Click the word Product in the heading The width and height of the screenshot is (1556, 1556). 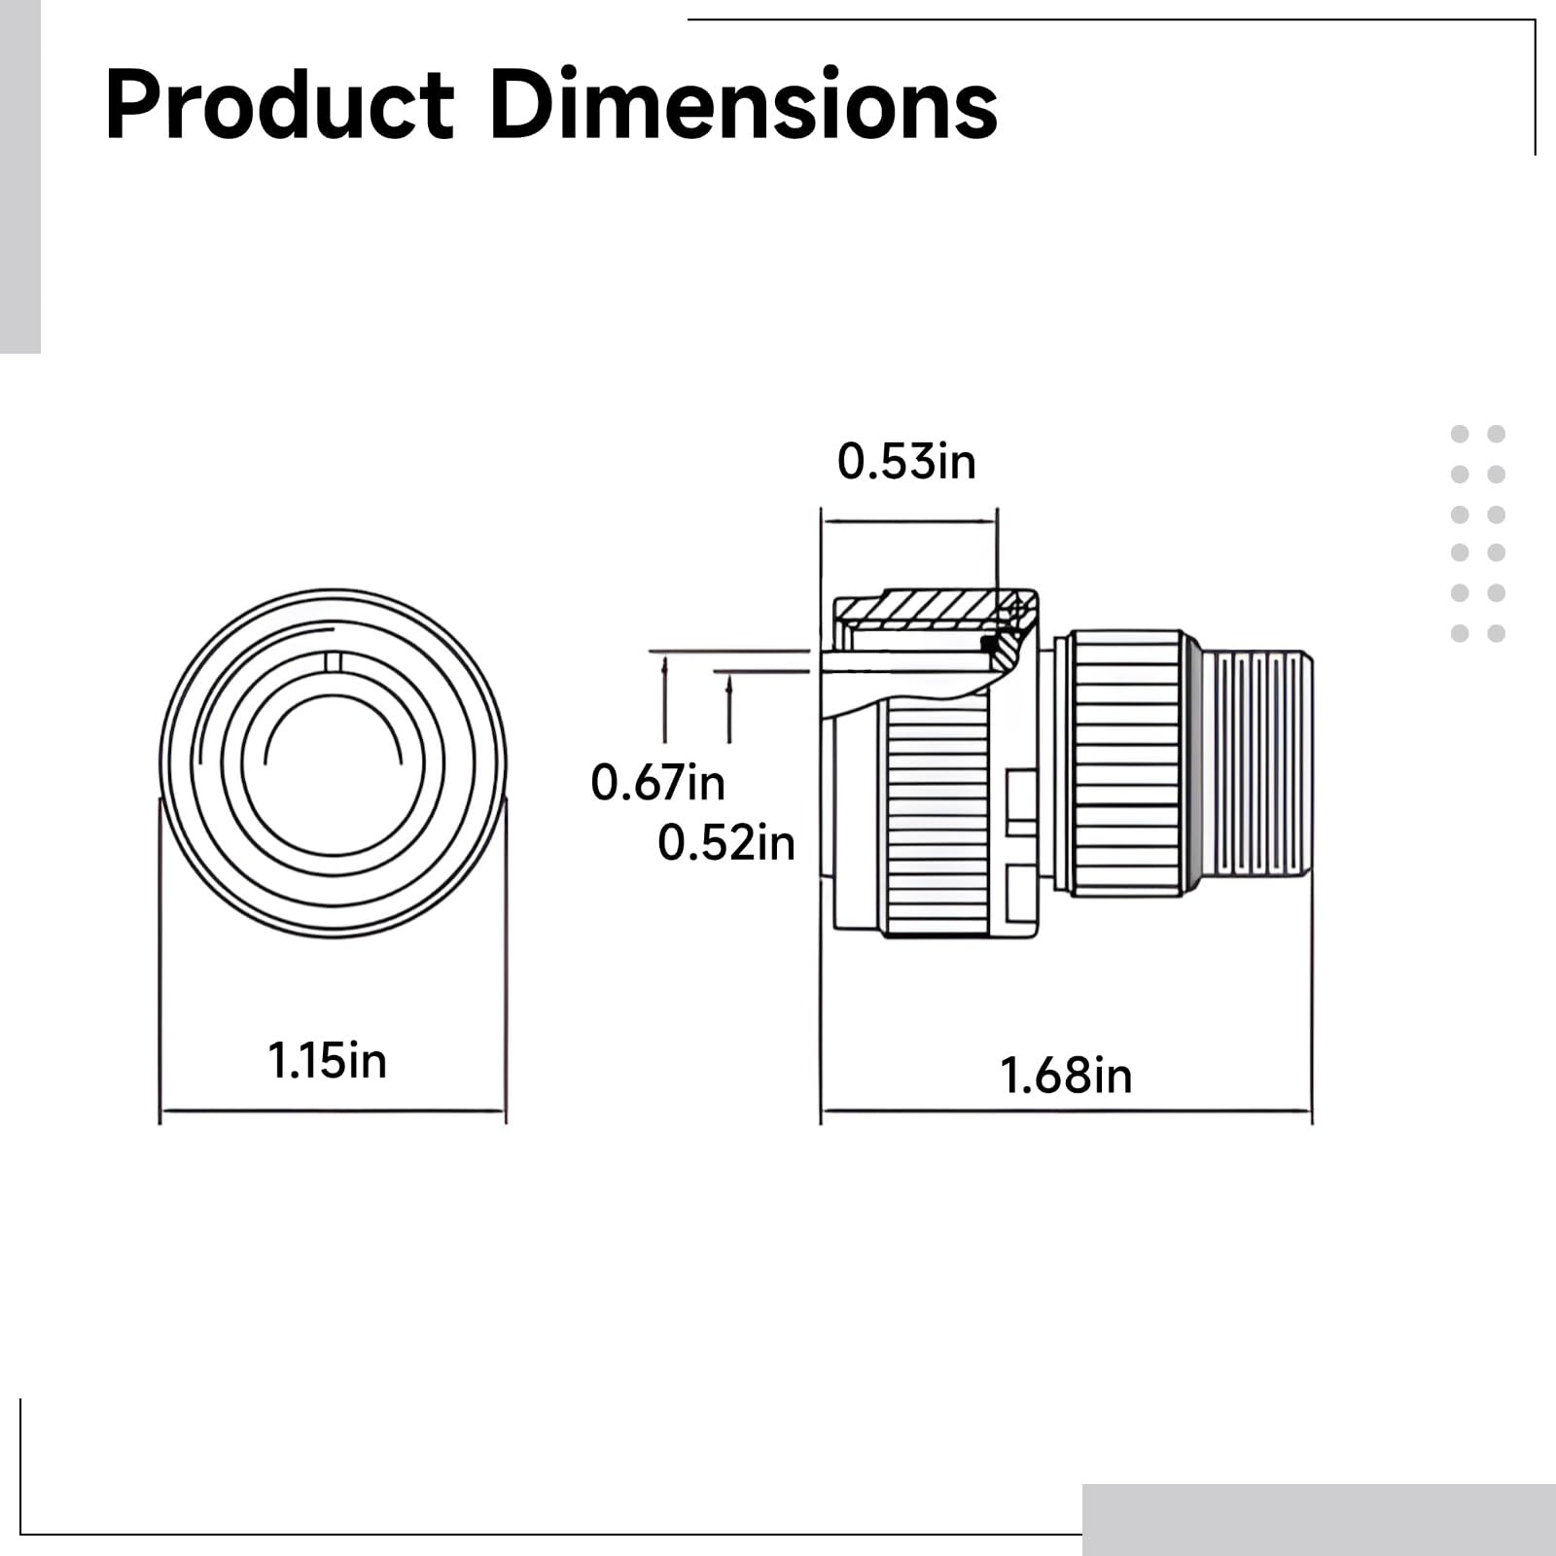279,105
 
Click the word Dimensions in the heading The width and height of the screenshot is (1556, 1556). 744,105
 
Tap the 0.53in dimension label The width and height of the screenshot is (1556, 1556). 906,461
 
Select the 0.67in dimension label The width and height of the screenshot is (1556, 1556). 657,783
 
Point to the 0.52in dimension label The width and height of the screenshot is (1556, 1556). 725,842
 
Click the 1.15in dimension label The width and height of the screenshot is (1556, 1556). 328,1060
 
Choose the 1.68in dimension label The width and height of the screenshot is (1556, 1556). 1066,1076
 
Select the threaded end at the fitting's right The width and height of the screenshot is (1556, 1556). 1257,763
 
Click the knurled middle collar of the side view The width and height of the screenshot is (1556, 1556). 1128,763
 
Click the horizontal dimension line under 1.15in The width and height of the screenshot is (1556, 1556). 333,1110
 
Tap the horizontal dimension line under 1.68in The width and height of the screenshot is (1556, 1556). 1066,1110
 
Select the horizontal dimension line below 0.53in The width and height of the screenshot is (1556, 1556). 908,521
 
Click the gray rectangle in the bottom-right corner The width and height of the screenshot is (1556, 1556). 1318,1519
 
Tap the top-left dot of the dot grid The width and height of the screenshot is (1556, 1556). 1460,434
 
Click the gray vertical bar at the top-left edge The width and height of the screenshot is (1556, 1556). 19,175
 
